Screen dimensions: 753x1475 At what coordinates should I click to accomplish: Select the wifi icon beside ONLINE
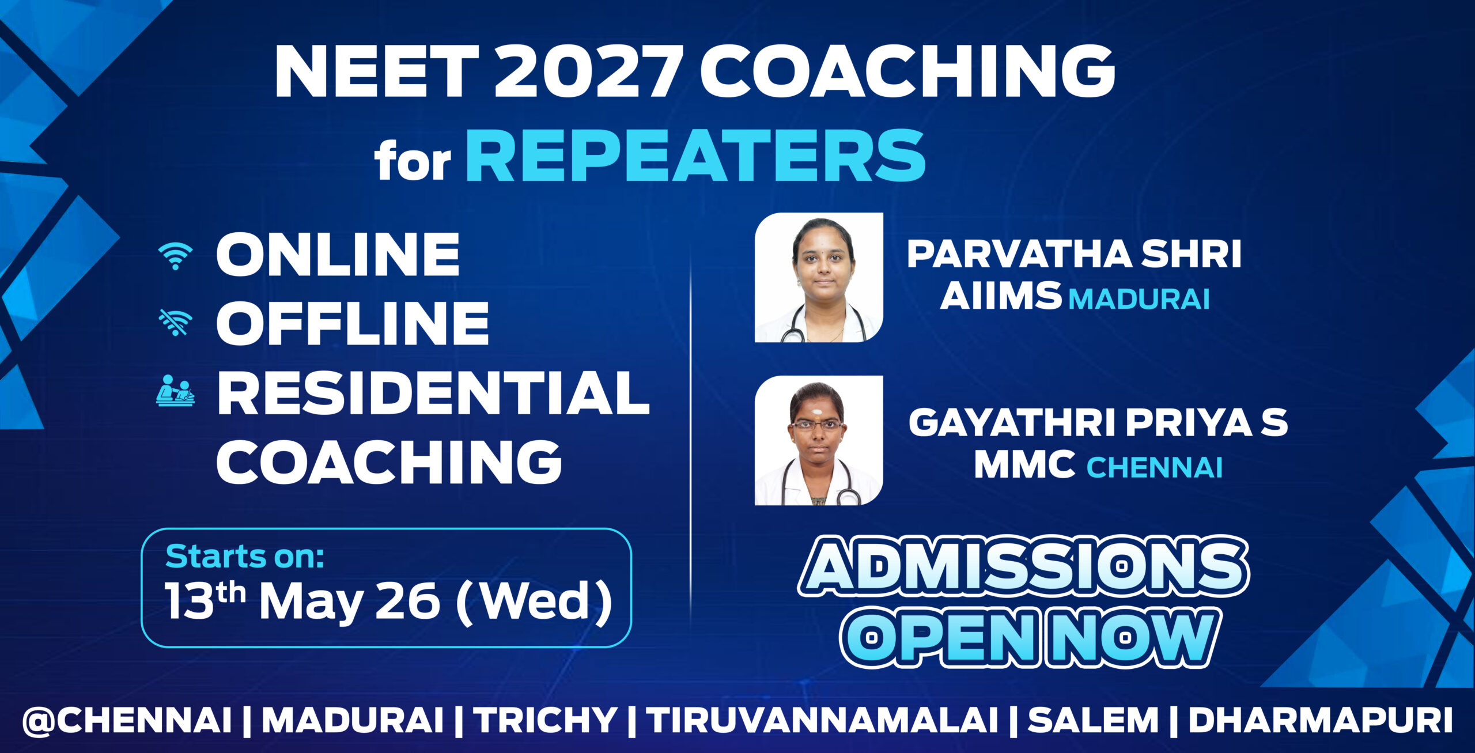pyautogui.click(x=176, y=256)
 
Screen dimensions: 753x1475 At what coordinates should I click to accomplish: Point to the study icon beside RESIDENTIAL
pyautogui.click(x=175, y=391)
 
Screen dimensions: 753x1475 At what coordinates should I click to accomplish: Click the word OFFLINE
pyautogui.click(x=353, y=323)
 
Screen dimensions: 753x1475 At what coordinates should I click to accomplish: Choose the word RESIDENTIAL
pyautogui.click(x=433, y=393)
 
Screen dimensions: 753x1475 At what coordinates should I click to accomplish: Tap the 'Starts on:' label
pyautogui.click(x=244, y=557)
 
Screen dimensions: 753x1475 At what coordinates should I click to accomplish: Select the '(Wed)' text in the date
pyautogui.click(x=534, y=602)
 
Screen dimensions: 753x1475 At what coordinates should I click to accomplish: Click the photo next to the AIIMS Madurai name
pyautogui.click(x=819, y=277)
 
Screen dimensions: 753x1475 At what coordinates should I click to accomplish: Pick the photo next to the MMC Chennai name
pyautogui.click(x=819, y=441)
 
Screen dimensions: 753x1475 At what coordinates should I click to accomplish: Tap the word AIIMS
pyautogui.click(x=1001, y=296)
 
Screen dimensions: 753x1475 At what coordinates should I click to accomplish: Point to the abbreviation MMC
pyautogui.click(x=1024, y=464)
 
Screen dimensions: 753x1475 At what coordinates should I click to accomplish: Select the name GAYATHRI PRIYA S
pyautogui.click(x=1098, y=423)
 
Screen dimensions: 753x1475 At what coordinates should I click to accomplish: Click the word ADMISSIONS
pyautogui.click(x=1023, y=567)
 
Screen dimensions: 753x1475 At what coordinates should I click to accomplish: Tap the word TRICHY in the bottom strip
pyautogui.click(x=547, y=720)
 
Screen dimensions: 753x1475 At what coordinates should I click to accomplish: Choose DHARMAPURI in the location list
pyautogui.click(x=1320, y=720)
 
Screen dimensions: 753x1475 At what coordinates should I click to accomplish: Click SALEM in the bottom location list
pyautogui.click(x=1093, y=720)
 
